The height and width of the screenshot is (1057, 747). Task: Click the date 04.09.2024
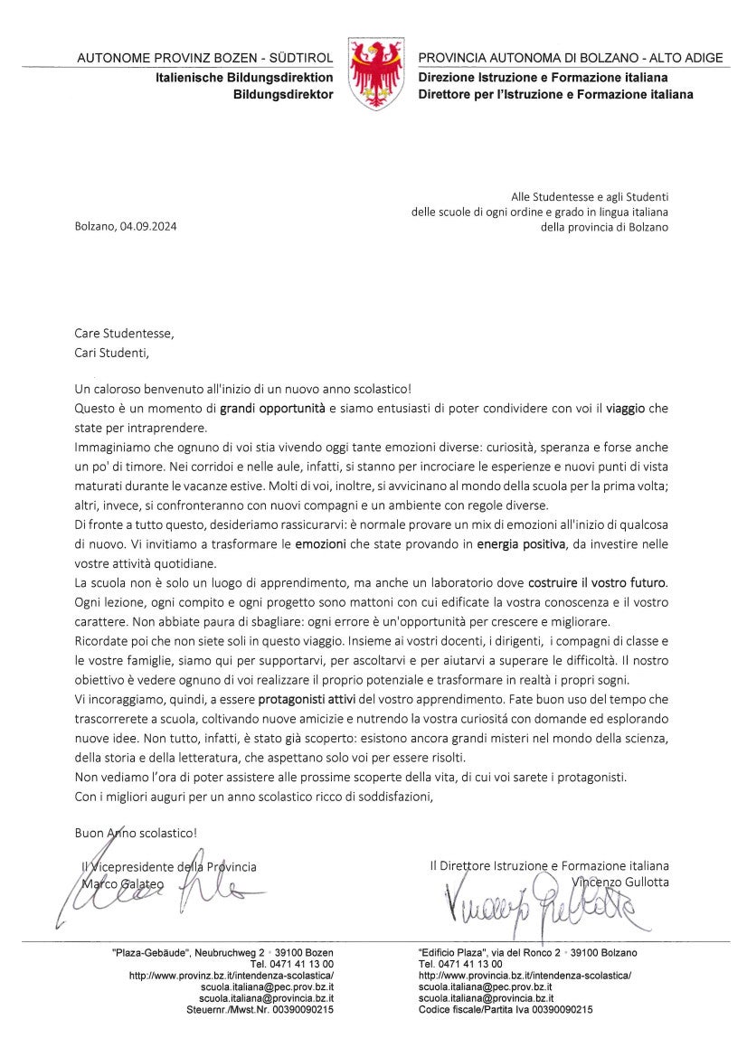pos(147,227)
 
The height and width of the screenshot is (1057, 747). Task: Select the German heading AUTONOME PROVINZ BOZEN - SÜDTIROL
pos(205,58)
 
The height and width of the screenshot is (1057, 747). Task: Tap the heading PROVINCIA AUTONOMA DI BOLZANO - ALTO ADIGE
pos(570,58)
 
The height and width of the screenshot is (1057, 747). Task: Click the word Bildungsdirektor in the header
pos(283,94)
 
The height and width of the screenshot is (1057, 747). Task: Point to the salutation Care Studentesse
pos(123,333)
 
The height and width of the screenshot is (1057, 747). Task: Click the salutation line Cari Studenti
pos(109,352)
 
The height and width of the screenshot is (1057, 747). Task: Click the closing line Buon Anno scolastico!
pos(136,832)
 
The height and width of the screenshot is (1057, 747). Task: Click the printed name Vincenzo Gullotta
pos(620,882)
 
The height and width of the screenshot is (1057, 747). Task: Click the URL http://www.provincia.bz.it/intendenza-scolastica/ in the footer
pos(525,977)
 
